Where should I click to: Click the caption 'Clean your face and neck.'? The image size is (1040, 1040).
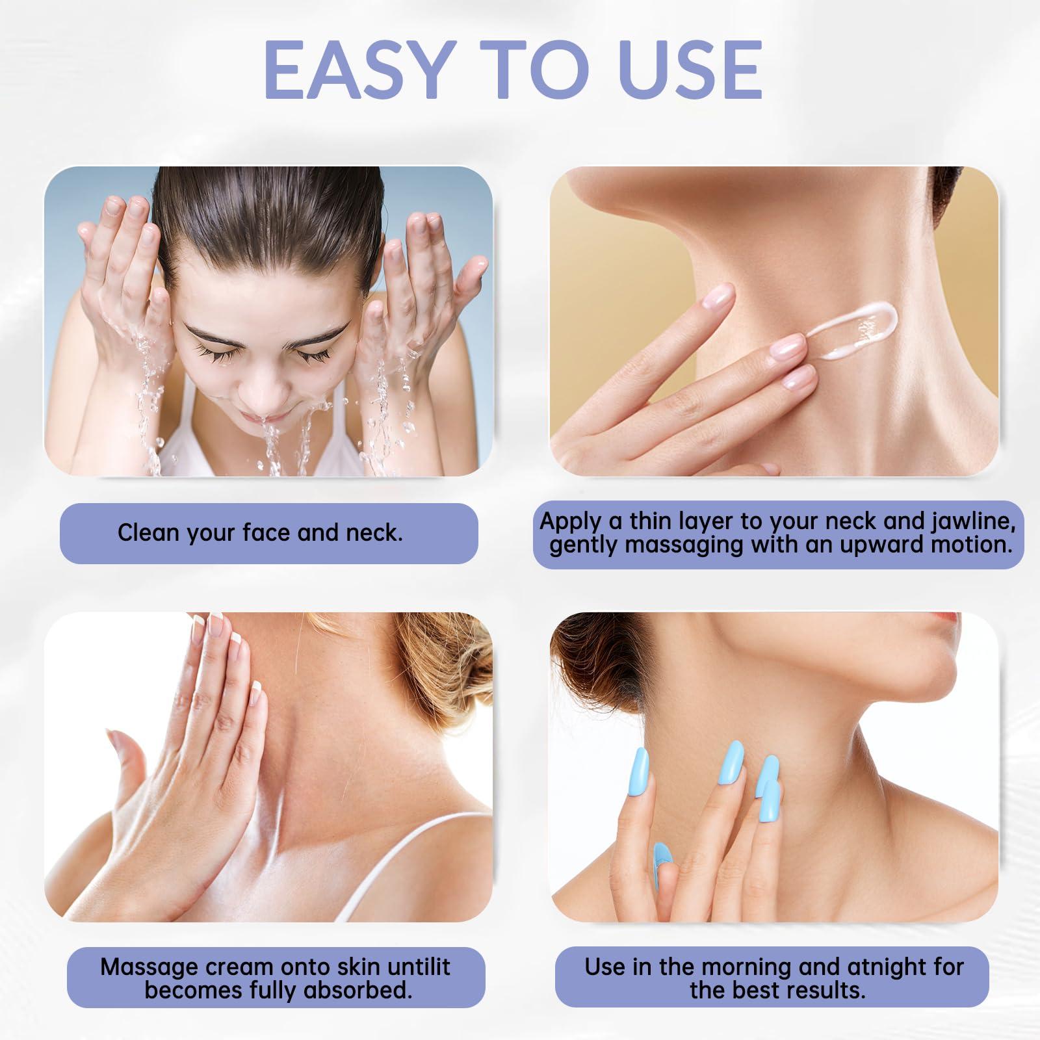(260, 533)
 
